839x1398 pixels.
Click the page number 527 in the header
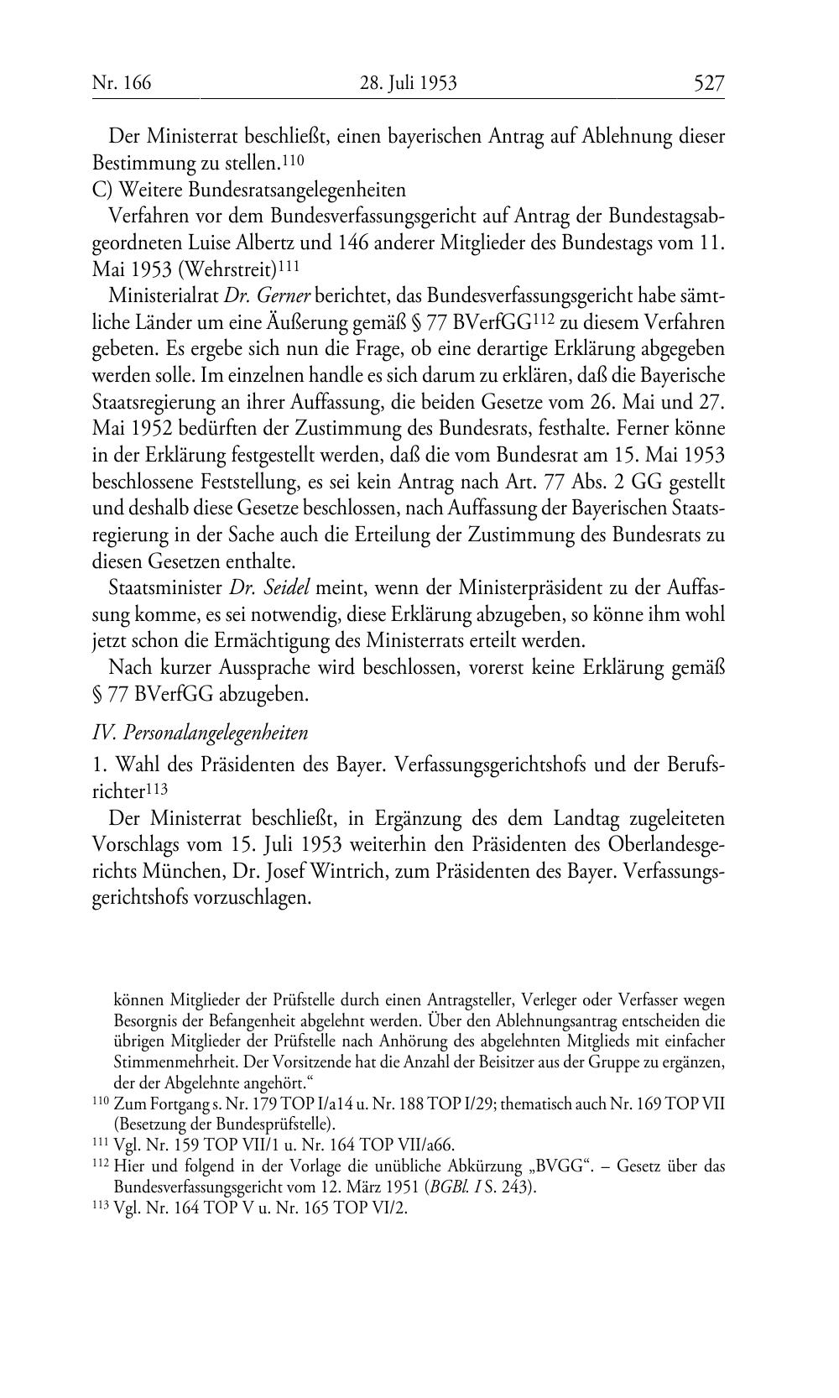tap(708, 83)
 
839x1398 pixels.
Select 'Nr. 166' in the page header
tap(122, 83)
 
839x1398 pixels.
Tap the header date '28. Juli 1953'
tap(408, 83)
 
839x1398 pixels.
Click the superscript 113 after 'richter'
tap(158, 788)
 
